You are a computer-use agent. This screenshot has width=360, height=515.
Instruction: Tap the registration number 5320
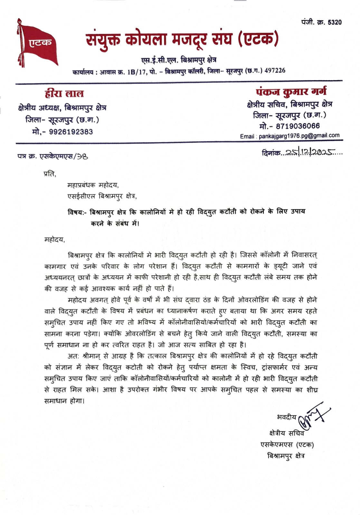point(335,22)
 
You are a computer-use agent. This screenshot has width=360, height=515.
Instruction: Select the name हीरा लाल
point(64,94)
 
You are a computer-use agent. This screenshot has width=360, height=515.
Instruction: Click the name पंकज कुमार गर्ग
point(291,92)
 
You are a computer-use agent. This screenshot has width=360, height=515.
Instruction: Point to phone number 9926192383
point(71,132)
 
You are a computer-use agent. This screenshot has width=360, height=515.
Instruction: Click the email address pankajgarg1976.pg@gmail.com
point(299,136)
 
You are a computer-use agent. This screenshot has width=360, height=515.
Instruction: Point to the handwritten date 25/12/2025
point(310,152)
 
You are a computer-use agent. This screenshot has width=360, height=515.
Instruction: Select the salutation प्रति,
point(50,174)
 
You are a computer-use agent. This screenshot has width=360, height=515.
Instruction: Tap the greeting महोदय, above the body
point(54,240)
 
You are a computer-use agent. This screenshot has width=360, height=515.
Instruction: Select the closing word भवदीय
point(286,417)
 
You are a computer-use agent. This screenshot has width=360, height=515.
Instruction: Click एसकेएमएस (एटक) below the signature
point(287,444)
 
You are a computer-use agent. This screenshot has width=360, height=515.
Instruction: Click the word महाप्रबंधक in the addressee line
point(81,185)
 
